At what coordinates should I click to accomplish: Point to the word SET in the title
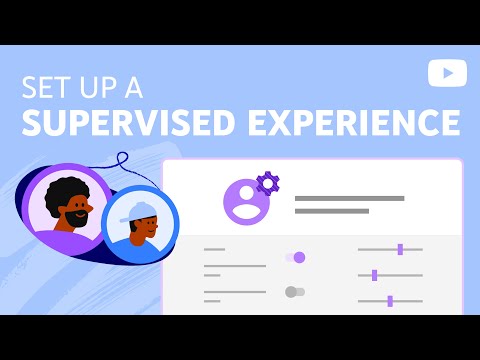[x=47, y=87]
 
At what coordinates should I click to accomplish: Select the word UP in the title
[x=100, y=87]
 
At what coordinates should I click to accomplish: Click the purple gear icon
[x=267, y=183]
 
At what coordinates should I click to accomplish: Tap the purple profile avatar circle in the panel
[x=246, y=199]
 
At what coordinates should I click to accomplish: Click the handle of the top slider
[x=400, y=249]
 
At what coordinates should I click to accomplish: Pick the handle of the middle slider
[x=374, y=275]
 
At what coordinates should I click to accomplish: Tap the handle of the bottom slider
[x=390, y=300]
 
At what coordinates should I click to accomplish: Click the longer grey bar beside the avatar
[x=349, y=198]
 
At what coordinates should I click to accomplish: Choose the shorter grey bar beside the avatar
[x=332, y=211]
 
